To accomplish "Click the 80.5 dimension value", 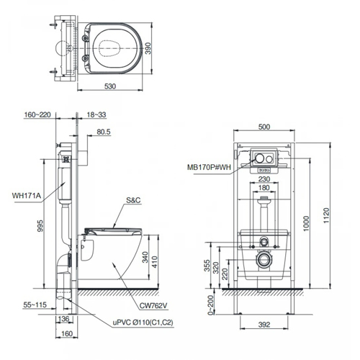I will pyautogui.click(x=103, y=132).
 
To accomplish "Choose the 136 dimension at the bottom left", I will pyautogui.click(x=63, y=320).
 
